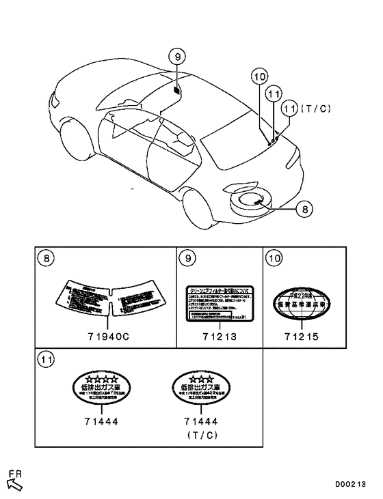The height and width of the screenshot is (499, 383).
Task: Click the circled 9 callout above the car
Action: [x=176, y=57]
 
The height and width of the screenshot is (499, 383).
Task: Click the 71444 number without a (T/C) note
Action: [x=100, y=422]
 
